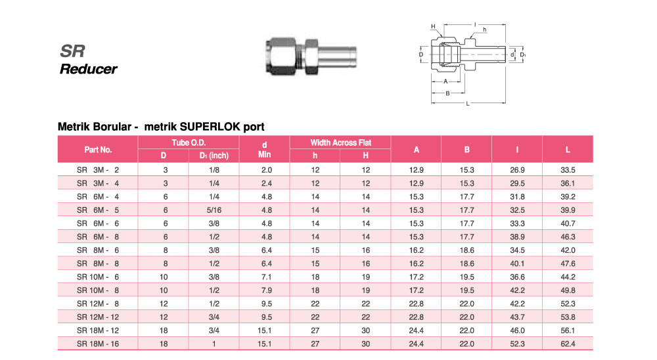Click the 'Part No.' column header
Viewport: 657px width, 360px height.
point(98,150)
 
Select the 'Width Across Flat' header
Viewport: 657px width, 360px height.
point(340,143)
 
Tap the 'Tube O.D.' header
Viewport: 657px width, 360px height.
point(189,143)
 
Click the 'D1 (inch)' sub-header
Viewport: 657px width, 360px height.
point(214,156)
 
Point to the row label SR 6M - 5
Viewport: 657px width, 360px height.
point(98,210)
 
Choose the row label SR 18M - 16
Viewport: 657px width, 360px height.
point(98,344)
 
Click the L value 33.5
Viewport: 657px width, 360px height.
point(568,169)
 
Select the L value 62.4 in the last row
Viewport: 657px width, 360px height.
point(568,344)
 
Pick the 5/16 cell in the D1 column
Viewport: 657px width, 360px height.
point(214,210)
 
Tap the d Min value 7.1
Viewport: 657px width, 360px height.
point(267,277)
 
